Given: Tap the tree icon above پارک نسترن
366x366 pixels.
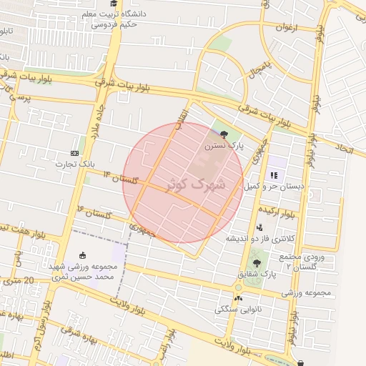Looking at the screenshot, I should (x=224, y=134).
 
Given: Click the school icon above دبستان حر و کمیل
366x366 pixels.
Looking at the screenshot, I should (x=273, y=175).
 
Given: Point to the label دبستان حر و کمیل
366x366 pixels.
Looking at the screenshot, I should (x=274, y=186).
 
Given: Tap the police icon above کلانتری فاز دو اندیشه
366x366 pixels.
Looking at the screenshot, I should (x=259, y=227).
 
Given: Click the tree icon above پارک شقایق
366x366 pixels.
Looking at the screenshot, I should (x=257, y=264).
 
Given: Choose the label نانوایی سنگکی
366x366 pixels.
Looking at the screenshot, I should (x=238, y=309).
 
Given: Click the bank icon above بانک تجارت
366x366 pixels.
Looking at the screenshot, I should (x=75, y=154).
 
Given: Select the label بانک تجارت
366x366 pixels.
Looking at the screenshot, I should (x=76, y=164).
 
